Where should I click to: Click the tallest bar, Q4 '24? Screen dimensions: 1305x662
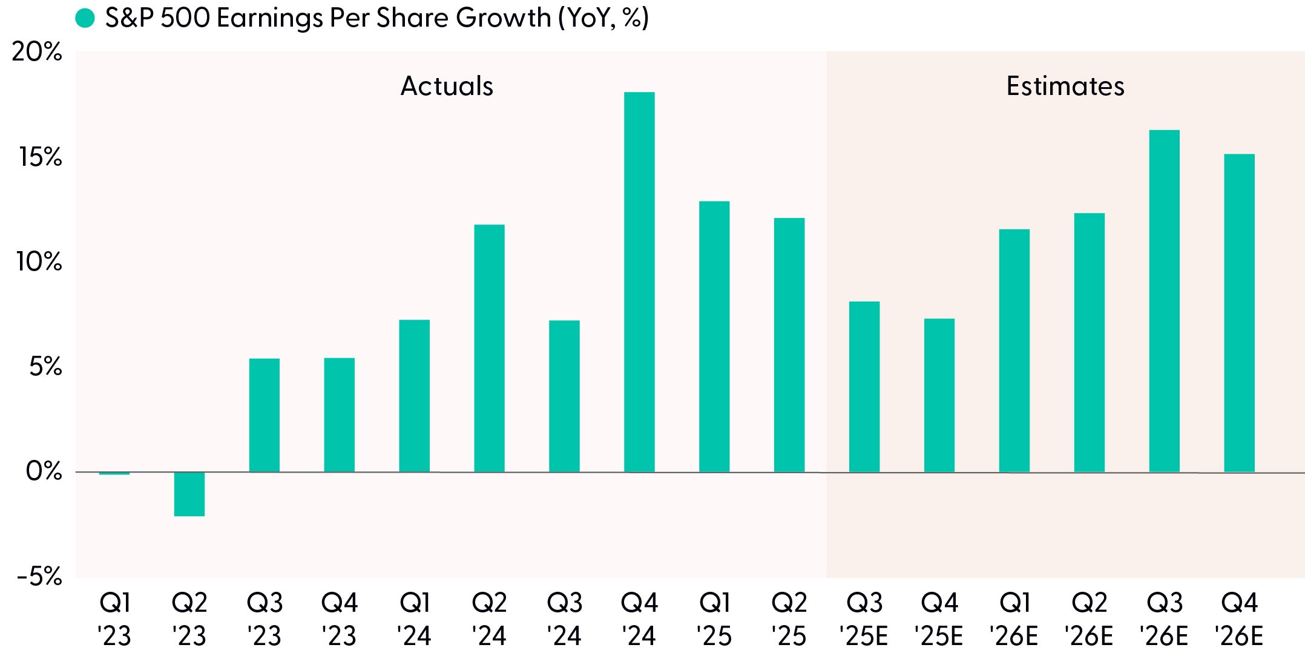(x=639, y=282)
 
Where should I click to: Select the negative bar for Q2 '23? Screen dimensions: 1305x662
(x=189, y=494)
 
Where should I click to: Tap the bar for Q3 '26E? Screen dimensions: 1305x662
(x=1165, y=301)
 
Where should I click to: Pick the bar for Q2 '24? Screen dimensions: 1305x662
(x=489, y=349)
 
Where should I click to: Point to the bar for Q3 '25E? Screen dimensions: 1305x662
(x=864, y=387)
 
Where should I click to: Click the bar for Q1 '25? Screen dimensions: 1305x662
(x=714, y=336)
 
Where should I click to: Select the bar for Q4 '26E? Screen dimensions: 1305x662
(x=1240, y=313)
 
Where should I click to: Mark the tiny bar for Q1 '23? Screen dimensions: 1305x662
(x=114, y=473)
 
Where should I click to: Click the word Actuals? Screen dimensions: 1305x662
(x=447, y=86)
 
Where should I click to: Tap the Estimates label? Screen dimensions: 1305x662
(x=1065, y=86)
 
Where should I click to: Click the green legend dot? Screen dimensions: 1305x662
(x=85, y=18)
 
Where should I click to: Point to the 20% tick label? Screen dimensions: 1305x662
(x=37, y=52)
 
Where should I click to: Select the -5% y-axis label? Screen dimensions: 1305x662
(x=39, y=577)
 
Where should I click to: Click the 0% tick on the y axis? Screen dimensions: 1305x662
(x=44, y=471)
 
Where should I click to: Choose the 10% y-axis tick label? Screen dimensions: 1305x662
(x=39, y=262)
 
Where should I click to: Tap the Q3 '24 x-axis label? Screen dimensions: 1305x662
(x=564, y=619)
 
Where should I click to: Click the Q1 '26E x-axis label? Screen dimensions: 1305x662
(x=1014, y=619)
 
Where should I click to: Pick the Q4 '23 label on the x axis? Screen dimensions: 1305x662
(x=340, y=619)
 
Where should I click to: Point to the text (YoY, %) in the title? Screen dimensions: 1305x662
(x=603, y=18)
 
